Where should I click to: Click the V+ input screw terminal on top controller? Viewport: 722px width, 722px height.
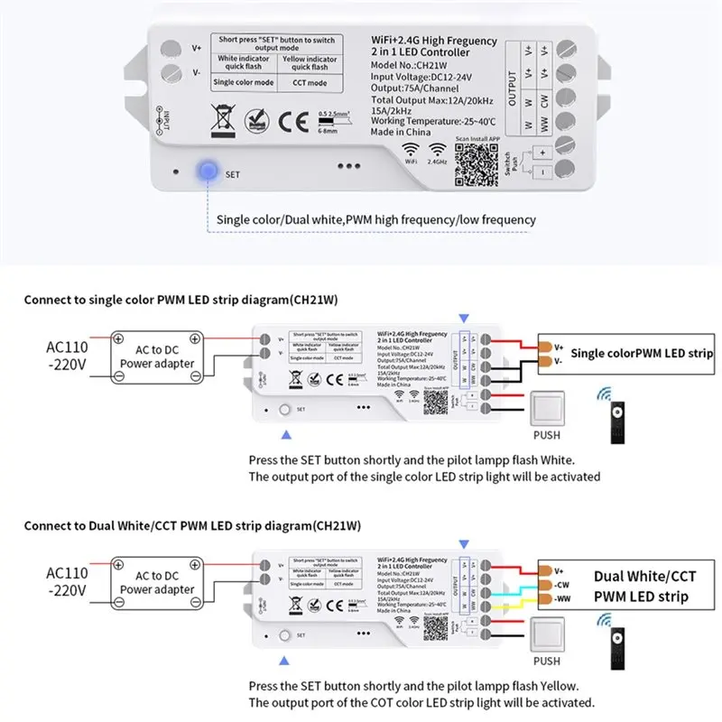click(x=169, y=49)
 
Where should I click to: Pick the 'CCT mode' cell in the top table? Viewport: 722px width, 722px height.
click(x=310, y=83)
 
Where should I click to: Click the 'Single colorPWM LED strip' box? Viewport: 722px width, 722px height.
click(x=641, y=352)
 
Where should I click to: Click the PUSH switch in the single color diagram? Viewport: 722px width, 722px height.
click(x=554, y=411)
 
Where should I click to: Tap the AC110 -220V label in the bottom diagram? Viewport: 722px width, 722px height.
click(x=68, y=582)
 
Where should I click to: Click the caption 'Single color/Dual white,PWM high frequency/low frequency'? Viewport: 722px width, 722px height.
click(x=376, y=219)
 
